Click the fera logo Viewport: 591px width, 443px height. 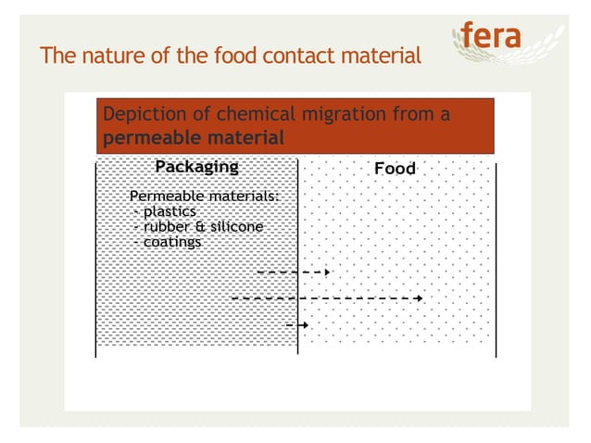tap(501, 40)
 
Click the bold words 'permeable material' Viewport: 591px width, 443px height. tap(193, 138)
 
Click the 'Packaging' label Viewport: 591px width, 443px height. tap(196, 168)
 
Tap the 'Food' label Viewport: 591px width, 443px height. tap(395, 170)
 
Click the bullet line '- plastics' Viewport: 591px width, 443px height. tap(166, 211)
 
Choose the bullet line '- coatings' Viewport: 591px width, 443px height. tap(168, 242)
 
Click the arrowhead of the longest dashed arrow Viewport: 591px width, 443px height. tap(420, 298)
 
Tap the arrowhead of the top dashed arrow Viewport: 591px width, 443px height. tap(326, 272)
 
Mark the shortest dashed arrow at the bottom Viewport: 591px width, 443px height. tap(297, 325)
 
